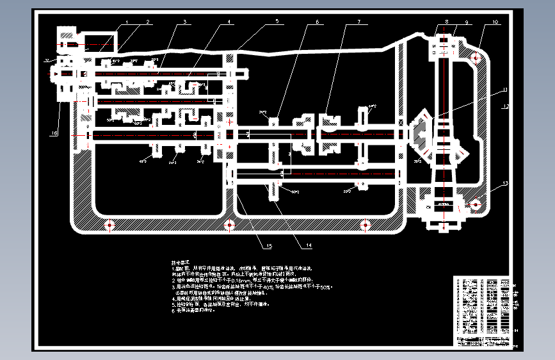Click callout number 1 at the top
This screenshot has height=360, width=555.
(127, 22)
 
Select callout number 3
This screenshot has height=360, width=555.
(184, 22)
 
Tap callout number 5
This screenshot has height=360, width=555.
(277, 22)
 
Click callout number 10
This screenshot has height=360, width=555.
(495, 22)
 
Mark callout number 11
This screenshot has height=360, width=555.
(504, 89)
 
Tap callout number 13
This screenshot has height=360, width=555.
(504, 184)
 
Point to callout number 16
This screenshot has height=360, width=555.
(54, 133)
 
